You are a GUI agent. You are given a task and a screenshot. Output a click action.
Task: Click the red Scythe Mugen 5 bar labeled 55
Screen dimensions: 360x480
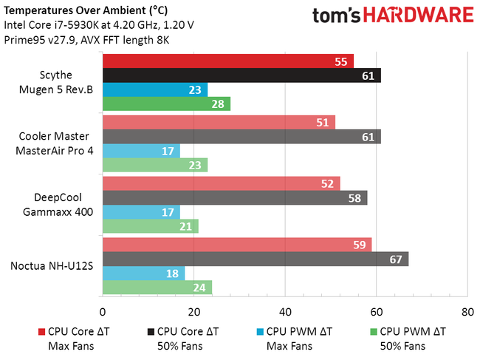coord(227,61)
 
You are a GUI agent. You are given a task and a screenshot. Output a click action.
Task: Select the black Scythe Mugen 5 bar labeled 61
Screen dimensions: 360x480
coord(241,75)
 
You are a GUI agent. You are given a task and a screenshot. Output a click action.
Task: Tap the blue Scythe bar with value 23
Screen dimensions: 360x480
coord(154,89)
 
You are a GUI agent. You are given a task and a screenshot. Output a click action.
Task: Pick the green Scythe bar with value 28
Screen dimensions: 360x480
coord(166,103)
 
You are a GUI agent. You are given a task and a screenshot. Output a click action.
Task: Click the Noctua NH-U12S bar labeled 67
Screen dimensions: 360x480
coord(255,259)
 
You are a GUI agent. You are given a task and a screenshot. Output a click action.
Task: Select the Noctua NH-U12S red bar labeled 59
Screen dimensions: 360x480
coord(236,245)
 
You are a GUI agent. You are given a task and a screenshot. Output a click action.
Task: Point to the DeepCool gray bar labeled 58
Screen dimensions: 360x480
coord(234,197)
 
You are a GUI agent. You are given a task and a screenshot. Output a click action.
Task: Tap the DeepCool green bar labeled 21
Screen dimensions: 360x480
coord(150,225)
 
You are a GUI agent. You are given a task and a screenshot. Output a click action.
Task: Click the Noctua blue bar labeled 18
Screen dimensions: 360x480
coord(143,273)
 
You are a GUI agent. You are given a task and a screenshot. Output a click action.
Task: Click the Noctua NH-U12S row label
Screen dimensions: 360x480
coord(57,265)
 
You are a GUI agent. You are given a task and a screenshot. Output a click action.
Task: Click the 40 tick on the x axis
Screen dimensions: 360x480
coord(284,311)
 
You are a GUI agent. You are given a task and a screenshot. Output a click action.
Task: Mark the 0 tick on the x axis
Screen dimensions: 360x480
coord(102,311)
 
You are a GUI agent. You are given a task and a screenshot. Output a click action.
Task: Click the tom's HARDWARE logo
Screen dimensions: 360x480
coord(392,16)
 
